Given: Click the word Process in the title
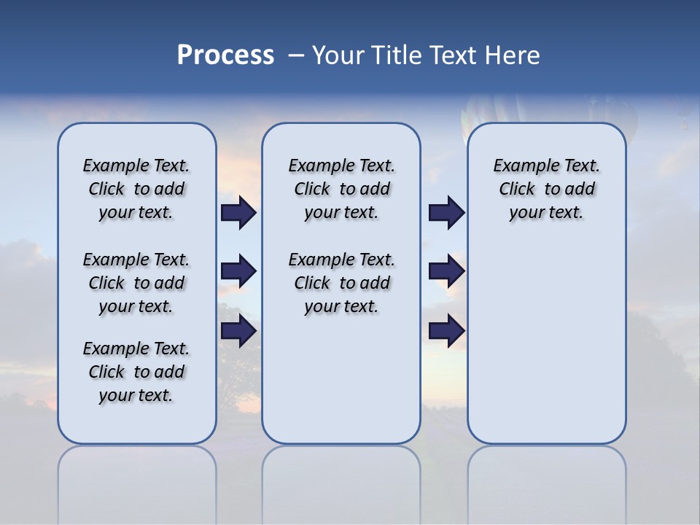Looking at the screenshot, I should click(x=225, y=55).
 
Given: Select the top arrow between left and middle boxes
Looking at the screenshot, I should click(x=238, y=213).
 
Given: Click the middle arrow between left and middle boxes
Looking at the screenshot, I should click(x=238, y=272).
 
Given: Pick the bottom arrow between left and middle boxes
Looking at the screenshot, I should click(x=238, y=330).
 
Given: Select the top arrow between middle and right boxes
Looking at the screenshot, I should click(x=446, y=213).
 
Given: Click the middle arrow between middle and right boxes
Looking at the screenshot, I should click(x=446, y=272).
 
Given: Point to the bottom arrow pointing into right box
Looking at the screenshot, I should click(x=446, y=330).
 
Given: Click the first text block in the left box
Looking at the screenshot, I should click(x=136, y=189).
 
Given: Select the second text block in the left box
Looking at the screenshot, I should click(x=136, y=283).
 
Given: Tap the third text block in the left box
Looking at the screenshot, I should click(x=136, y=372).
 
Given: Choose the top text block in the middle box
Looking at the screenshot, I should click(x=341, y=189).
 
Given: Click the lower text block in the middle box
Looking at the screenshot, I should click(x=341, y=283).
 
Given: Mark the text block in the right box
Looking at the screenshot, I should click(x=546, y=189).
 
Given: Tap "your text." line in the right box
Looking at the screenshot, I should click(x=546, y=213).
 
